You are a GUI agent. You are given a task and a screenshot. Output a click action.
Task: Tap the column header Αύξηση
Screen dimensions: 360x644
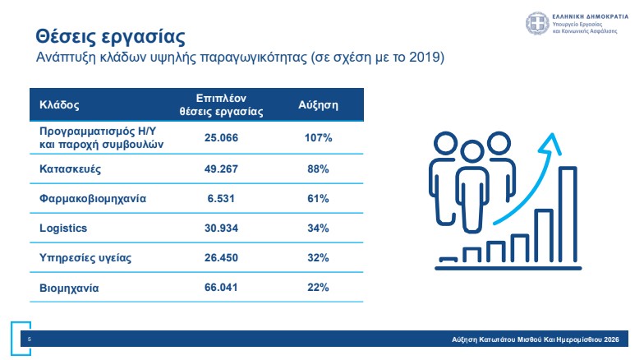click(x=317, y=106)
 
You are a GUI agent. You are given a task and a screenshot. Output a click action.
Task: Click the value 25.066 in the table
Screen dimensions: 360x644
click(x=221, y=138)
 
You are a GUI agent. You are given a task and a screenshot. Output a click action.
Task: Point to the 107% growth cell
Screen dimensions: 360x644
click(x=317, y=138)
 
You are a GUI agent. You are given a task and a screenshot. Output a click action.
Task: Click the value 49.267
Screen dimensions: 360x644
click(x=221, y=168)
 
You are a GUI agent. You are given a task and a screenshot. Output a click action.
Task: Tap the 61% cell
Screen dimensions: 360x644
click(x=317, y=198)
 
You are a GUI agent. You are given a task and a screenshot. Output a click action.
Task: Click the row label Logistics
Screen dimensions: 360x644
click(x=63, y=228)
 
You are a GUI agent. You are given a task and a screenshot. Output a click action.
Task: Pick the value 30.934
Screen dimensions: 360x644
click(x=221, y=228)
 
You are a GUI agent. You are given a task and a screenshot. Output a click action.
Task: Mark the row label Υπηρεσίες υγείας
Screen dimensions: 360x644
click(x=85, y=257)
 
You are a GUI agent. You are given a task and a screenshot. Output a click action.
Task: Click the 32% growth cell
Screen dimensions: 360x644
click(x=317, y=257)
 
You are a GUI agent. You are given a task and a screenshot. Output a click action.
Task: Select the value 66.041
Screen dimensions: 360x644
click(x=221, y=288)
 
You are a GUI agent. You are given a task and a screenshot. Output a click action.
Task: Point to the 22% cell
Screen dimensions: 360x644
click(x=317, y=288)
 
